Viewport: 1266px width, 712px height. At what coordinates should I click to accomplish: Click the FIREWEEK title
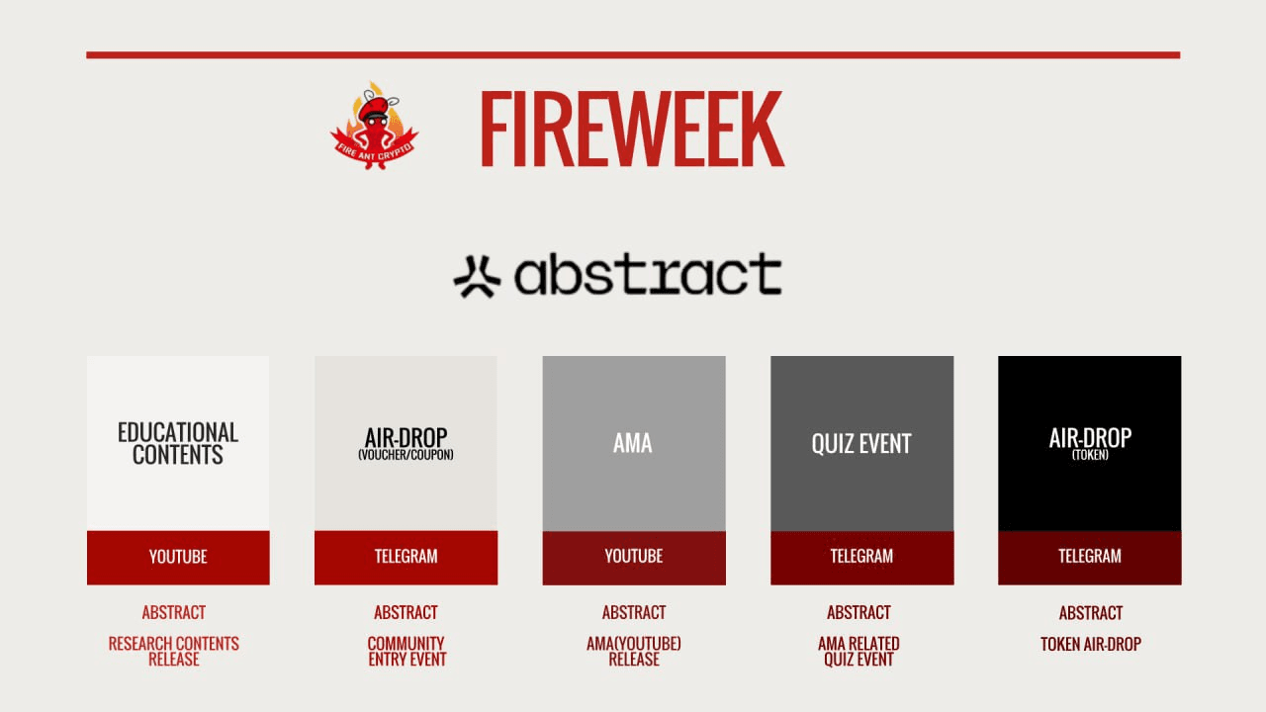click(x=631, y=130)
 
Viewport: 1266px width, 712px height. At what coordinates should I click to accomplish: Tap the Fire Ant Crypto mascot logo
click(x=374, y=127)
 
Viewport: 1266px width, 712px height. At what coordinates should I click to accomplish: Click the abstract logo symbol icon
click(x=477, y=276)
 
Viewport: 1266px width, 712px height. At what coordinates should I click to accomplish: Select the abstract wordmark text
click(x=647, y=274)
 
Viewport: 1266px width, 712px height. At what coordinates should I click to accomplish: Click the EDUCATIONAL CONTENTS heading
click(x=178, y=443)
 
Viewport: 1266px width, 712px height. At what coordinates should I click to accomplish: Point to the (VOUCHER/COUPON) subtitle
click(x=406, y=455)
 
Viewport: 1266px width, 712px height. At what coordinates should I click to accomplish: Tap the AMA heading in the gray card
click(x=633, y=443)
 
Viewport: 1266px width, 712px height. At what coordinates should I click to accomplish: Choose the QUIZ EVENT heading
click(x=861, y=444)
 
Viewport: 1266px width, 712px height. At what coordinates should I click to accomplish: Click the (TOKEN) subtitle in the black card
click(x=1090, y=456)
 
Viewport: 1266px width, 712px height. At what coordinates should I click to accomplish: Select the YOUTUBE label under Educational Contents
click(x=178, y=557)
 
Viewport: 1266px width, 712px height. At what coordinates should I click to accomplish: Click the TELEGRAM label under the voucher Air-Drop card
click(x=406, y=557)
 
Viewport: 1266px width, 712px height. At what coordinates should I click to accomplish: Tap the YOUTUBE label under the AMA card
click(x=634, y=557)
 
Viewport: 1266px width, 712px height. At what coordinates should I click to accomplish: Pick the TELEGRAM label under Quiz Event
click(x=861, y=557)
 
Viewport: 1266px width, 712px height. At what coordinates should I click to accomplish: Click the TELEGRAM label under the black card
click(x=1090, y=557)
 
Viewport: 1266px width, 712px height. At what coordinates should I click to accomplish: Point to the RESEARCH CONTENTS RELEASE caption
click(x=174, y=651)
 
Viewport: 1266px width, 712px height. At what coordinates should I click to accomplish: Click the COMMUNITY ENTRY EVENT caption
click(x=407, y=651)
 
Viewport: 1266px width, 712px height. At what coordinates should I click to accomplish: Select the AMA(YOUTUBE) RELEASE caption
click(x=634, y=651)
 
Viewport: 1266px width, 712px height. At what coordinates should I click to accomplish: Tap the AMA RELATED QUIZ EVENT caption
click(x=859, y=651)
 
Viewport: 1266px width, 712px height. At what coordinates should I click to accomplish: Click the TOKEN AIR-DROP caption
click(x=1091, y=644)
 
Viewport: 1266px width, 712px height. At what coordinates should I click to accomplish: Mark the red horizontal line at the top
click(x=633, y=55)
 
